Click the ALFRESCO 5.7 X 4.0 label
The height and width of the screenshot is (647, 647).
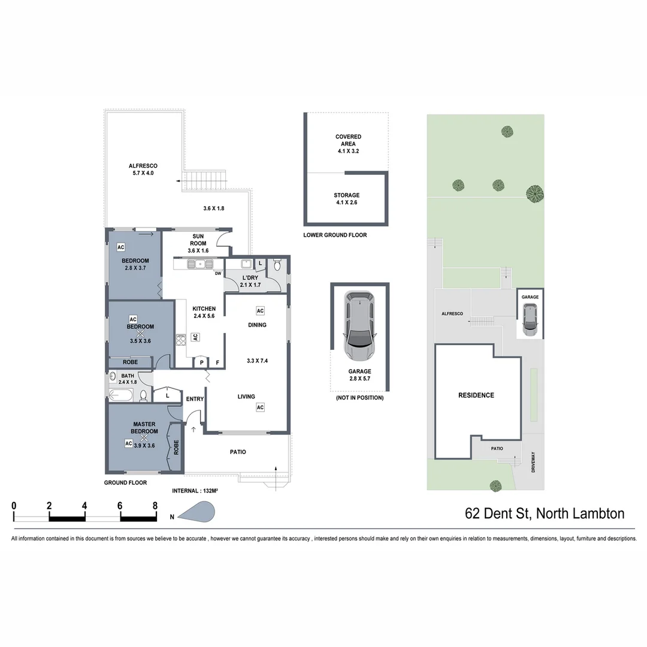[143, 170]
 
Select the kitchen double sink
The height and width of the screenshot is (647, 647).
[199, 264]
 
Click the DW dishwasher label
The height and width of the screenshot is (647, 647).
[217, 274]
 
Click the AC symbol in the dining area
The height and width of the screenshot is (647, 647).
[260, 311]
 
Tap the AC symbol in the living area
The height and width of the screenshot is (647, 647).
[260, 407]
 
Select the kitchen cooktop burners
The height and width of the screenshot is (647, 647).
[180, 340]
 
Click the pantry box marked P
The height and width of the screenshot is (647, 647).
[201, 362]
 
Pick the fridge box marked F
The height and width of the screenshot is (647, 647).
[217, 362]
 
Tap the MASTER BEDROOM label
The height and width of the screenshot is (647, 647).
[144, 428]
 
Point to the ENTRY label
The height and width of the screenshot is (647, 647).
[195, 399]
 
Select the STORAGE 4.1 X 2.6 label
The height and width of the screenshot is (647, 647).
[347, 199]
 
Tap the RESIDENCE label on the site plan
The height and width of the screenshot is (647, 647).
[476, 395]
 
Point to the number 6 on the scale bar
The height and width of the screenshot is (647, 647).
[120, 505]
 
